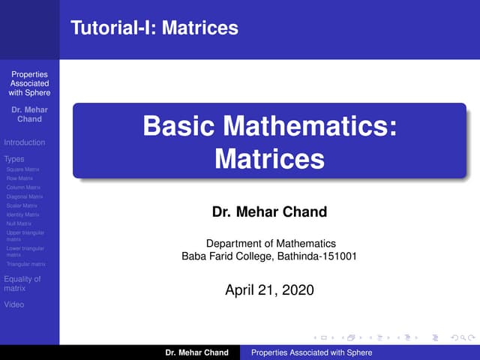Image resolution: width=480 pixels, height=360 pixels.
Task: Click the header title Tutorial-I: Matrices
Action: [x=154, y=28]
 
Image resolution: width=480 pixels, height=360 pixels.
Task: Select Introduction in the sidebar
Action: [x=25, y=142]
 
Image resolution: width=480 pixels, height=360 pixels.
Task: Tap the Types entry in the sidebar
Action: [x=14, y=159]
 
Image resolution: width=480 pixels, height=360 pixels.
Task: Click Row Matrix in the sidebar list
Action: [x=19, y=178]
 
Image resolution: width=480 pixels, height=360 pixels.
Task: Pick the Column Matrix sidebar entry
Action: [x=22, y=187]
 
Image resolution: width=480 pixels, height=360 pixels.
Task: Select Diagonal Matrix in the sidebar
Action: [x=24, y=196]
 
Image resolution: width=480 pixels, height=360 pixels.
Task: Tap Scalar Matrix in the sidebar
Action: [x=21, y=205]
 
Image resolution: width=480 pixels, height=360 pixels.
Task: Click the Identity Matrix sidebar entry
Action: [x=22, y=214]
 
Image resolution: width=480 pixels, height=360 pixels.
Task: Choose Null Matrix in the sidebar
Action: [x=19, y=223]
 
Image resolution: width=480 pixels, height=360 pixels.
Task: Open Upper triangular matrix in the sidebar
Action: [x=24, y=236]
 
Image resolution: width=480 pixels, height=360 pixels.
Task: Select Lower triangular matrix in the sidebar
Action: [x=24, y=251]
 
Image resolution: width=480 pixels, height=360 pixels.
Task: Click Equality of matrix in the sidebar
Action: [x=22, y=283]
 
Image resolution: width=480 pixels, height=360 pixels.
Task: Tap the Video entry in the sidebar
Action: [x=14, y=304]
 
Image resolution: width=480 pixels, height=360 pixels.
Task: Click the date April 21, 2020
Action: [x=270, y=289]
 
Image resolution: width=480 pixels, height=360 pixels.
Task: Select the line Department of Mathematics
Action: [x=270, y=243]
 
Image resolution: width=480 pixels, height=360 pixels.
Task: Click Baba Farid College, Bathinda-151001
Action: [x=269, y=256]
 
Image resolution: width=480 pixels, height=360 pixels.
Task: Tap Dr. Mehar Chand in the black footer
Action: [x=197, y=352]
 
